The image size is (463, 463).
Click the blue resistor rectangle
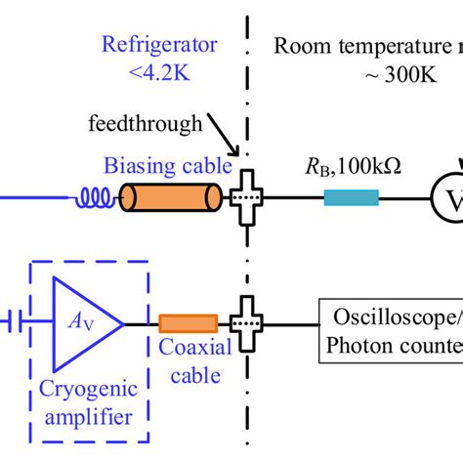351,199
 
